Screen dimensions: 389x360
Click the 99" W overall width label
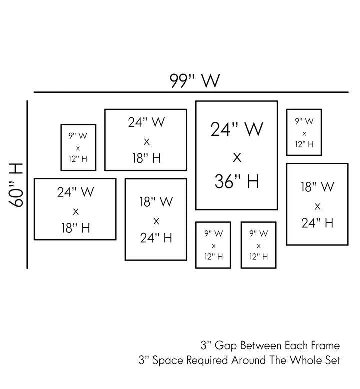pos(194,80)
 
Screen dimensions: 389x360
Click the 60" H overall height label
pos(16,185)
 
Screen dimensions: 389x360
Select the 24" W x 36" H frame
pos(236,155)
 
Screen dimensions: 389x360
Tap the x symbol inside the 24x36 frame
pos(237,157)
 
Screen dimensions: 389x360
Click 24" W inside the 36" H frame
pos(237,130)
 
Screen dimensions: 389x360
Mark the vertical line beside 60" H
pos(27,185)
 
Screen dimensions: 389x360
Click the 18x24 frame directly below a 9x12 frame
pos(317,204)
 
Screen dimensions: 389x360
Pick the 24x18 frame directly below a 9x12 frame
pos(75,209)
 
